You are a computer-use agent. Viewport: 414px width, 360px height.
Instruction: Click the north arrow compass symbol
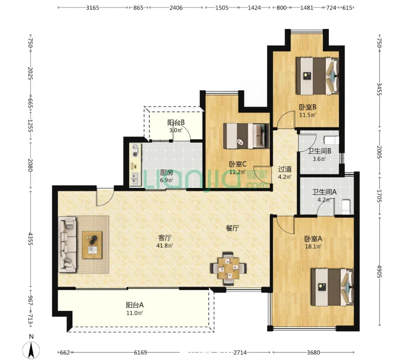[x=31, y=350]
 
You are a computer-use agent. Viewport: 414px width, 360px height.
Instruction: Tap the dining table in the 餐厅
[x=229, y=268]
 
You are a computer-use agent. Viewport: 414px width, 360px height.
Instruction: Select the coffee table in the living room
[x=92, y=245]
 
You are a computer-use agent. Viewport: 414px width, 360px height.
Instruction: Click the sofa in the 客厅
[x=68, y=245]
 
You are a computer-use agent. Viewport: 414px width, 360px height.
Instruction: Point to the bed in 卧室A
[x=332, y=287]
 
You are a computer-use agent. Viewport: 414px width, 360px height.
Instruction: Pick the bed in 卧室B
[x=317, y=76]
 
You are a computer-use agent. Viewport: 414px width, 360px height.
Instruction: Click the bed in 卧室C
[x=246, y=136]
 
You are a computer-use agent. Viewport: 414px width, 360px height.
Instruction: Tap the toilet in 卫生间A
[x=346, y=207]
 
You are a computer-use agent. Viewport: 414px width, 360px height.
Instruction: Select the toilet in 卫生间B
[x=332, y=140]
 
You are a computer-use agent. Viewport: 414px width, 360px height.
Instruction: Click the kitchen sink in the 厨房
[x=135, y=179]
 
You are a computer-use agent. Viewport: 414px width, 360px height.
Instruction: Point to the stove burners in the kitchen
[x=135, y=151]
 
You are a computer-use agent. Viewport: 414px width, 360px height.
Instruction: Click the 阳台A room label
[x=135, y=305]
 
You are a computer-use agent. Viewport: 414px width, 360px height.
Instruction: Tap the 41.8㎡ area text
[x=165, y=246]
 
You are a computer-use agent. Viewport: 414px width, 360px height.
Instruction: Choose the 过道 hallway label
[x=285, y=169]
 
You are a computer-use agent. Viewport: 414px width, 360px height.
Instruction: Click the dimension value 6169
[x=140, y=353]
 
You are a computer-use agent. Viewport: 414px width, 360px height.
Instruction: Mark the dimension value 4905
[x=379, y=272]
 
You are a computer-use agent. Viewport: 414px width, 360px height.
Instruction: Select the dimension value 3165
[x=93, y=8]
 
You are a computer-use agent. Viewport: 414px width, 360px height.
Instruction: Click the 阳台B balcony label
[x=176, y=122]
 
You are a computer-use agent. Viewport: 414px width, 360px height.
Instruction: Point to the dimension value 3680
[x=313, y=353]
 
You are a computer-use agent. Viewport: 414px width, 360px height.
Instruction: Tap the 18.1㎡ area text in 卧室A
[x=313, y=247]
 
